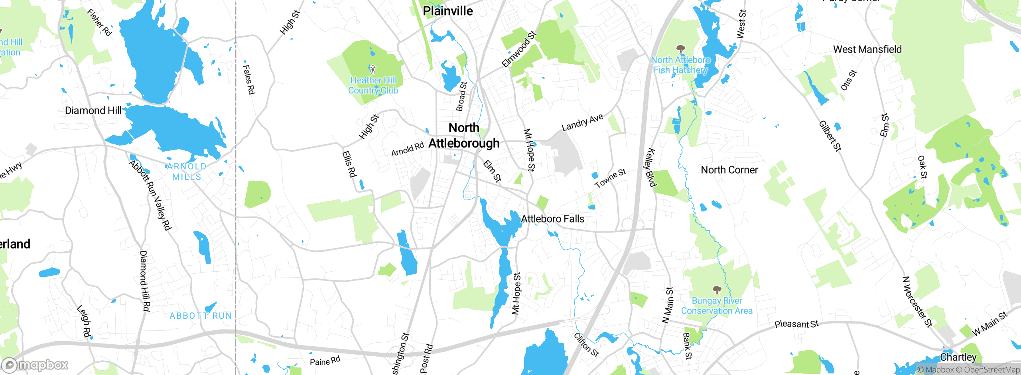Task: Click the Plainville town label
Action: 447,11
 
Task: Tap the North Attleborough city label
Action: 464,136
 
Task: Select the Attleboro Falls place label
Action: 552,219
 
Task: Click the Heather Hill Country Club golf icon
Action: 373,70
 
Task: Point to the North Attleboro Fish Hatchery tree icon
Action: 681,49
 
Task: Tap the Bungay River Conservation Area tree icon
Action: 717,290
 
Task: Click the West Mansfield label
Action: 867,49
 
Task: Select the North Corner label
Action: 729,170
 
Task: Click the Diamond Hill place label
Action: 93,111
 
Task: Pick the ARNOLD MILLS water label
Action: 187,172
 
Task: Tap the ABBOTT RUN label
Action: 201,316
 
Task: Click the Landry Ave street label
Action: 582,122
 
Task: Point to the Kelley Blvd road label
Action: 650,168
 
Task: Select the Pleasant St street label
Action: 796,324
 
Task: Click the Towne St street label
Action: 610,178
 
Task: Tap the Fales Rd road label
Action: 249,80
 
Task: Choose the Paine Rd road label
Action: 325,361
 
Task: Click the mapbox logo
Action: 35,365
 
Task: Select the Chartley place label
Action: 958,357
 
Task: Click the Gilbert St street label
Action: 830,136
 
